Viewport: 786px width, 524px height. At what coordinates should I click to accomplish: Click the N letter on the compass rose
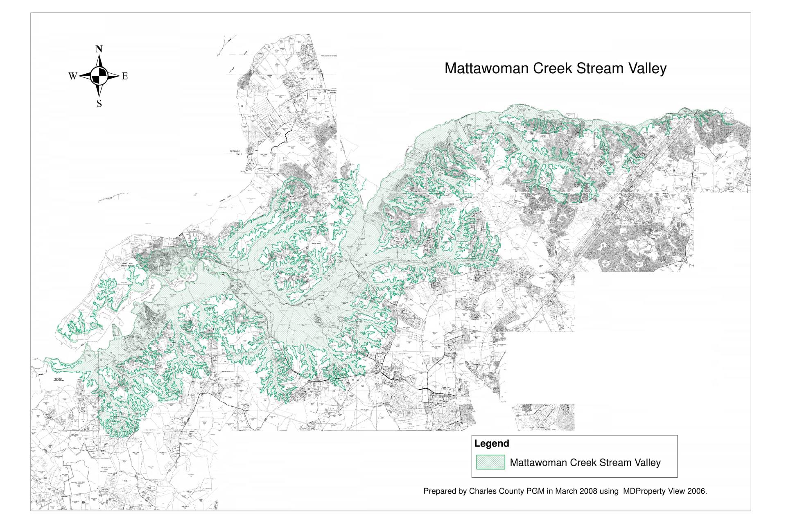click(x=99, y=50)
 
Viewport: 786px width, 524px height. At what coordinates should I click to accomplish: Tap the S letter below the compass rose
click(x=99, y=104)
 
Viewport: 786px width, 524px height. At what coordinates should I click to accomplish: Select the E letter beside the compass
click(x=125, y=76)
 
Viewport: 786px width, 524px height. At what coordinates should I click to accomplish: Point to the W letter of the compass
click(x=72, y=76)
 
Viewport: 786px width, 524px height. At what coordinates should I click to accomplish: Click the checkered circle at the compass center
click(x=99, y=76)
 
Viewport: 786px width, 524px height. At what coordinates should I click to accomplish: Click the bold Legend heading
click(x=491, y=443)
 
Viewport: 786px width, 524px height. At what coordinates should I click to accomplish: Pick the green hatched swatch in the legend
click(x=490, y=462)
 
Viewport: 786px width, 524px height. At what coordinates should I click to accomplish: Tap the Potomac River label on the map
click(x=237, y=153)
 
